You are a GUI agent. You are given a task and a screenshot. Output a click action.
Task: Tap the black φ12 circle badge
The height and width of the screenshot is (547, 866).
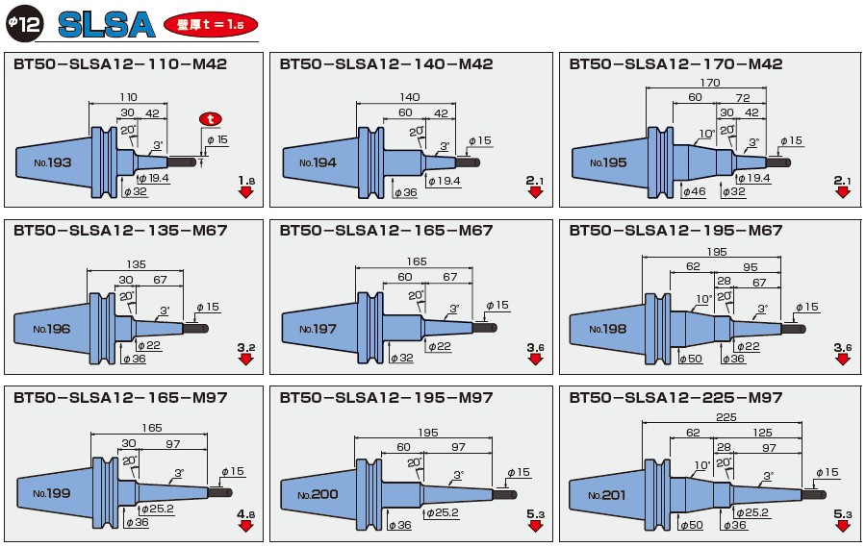point(24,23)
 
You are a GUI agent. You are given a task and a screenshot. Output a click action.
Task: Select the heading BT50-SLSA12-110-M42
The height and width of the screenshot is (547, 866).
point(120,64)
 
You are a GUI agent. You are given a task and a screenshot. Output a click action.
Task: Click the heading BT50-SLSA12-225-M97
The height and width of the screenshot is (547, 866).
point(675,397)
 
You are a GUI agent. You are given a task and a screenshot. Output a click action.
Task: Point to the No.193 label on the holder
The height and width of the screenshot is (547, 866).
point(52,162)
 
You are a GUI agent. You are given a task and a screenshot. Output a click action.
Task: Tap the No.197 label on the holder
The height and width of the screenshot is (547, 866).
point(318,329)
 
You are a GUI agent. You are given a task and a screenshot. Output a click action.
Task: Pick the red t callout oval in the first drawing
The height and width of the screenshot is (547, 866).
point(210,118)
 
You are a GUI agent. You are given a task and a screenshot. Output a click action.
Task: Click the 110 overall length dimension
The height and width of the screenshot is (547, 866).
point(128,97)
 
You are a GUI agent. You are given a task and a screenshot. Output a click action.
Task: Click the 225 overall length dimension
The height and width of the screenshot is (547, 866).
point(726,417)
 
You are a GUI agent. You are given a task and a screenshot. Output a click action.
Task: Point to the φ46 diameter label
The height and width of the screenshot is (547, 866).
point(693,192)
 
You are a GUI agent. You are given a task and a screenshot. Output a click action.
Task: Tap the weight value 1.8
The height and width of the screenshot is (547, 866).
point(246,180)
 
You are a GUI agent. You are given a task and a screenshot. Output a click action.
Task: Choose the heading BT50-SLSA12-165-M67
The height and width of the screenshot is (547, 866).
point(386,231)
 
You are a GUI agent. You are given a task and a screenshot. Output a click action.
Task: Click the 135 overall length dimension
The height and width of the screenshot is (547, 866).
point(137,263)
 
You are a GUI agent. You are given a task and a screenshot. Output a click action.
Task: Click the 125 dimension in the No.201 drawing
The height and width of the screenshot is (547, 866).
point(762,434)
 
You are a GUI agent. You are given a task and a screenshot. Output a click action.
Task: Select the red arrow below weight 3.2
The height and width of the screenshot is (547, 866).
point(246,360)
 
